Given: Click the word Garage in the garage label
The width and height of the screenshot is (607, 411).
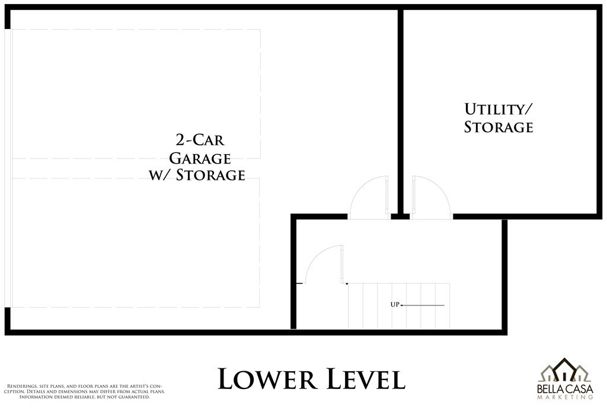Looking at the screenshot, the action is [200, 158].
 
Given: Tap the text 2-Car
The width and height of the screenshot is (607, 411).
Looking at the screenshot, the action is [200, 140].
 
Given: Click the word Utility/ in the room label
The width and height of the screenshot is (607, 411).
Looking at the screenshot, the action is [498, 109].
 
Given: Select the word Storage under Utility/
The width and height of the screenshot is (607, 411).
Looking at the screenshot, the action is [499, 127].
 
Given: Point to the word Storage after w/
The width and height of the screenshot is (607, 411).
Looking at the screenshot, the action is [210, 175].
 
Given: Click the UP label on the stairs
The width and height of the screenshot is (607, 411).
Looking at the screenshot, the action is [395, 305].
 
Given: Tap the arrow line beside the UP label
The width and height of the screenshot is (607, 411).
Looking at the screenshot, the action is [422, 305].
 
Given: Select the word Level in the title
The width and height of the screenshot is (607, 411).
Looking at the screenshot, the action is [366, 379].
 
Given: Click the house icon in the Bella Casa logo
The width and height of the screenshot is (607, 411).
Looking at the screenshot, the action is [565, 370].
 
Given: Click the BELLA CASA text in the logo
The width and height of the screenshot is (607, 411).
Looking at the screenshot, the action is [565, 388].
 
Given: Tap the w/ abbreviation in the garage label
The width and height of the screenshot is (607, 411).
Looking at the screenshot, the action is [159, 175].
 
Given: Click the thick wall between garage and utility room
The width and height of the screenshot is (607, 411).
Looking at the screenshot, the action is [401, 111].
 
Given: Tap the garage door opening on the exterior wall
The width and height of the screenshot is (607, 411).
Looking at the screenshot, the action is [8, 168].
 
